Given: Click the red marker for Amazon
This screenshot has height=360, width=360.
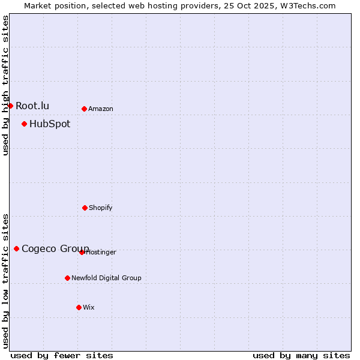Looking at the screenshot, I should coord(84,109).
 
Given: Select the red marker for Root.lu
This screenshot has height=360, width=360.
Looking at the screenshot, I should coord(10,106).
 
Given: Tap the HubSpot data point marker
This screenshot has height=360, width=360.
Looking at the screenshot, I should coord(24,124).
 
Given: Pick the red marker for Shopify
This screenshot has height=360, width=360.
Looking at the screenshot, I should coord(85,208).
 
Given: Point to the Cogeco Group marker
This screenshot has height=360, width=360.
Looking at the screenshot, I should coord(16,248).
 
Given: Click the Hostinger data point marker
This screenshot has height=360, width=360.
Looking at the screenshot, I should coord(82,252).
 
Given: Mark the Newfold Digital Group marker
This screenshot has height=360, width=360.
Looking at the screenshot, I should coord(67,278).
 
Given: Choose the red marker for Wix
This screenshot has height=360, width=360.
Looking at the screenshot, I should coord(79,307).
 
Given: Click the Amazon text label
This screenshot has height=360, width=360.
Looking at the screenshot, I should coord(101,109).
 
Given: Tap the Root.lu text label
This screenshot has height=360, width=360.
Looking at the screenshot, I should coord(32,106).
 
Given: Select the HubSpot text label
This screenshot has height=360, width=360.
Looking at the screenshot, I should coord(50,124).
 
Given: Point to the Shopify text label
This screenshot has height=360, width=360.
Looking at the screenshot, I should coord(101,208).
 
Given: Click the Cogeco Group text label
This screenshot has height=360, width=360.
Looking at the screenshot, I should coord(55,248).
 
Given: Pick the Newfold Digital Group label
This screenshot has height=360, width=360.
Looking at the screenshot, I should coord(106,278).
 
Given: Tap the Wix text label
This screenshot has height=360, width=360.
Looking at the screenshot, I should coord(89,307).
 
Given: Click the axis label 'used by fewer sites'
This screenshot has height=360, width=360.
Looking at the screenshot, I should coord(62,355).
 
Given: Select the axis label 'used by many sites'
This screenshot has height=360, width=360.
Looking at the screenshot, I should coord(301,355).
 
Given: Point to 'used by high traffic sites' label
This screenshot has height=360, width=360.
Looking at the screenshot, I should coord(5,85).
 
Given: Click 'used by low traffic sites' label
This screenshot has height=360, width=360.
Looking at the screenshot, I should coord(5,281).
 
